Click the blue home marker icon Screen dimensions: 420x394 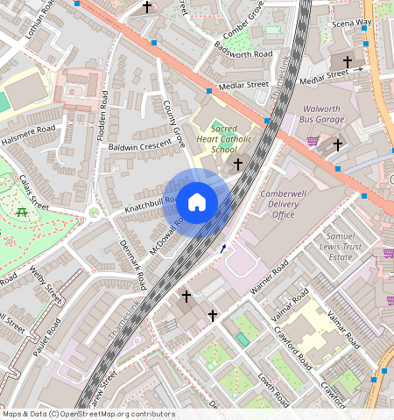(x=197, y=203)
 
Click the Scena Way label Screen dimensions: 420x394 (x=351, y=21)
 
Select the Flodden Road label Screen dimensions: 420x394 (x=103, y=111)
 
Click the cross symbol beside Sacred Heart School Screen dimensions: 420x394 (x=236, y=164)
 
